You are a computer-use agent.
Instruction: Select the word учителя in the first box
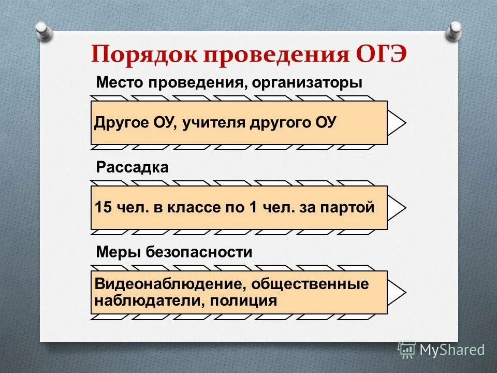pos(214,123)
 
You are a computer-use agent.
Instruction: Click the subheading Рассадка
pos(132,168)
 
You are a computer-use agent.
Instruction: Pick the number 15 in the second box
pos(103,208)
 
